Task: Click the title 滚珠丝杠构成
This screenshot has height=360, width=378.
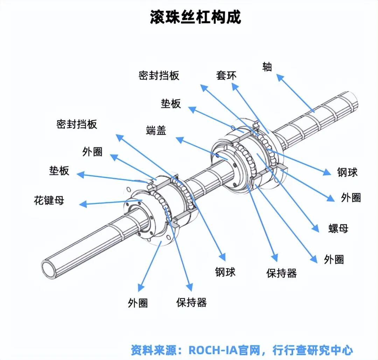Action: [195, 17]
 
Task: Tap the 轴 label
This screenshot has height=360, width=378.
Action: [267, 67]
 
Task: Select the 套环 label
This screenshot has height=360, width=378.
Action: [226, 75]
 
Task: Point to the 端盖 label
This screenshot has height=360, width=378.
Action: [156, 130]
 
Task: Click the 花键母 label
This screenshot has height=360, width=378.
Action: [49, 201]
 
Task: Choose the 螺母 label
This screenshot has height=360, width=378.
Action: [338, 228]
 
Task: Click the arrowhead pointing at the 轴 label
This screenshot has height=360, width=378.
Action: [279, 77]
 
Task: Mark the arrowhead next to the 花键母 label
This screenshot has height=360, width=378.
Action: [83, 204]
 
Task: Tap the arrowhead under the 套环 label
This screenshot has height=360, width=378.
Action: [234, 86]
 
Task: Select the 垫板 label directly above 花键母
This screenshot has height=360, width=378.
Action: [59, 171]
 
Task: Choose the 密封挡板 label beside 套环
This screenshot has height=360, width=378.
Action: [159, 75]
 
